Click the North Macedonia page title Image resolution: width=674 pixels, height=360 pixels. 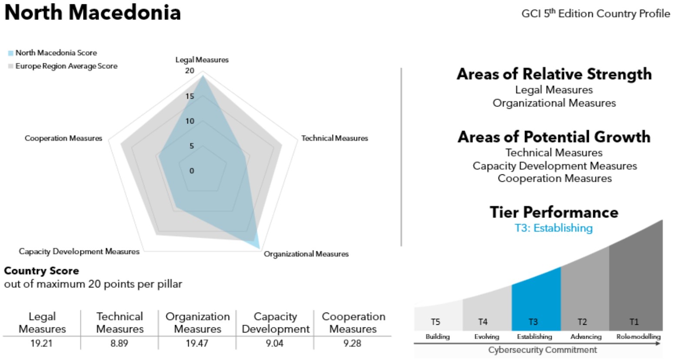click(92, 12)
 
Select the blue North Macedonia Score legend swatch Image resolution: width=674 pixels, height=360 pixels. click(10, 53)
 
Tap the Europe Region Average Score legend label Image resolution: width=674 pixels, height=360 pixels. click(66, 66)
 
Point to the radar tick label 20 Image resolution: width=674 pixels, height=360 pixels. click(189, 70)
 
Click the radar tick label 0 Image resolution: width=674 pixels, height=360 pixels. click(192, 171)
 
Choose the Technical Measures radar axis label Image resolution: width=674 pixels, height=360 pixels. click(335, 138)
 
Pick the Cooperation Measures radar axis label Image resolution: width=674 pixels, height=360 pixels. click(63, 138)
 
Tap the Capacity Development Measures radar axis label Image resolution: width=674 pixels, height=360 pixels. click(79, 251)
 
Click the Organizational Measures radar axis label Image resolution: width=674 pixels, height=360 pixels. click(306, 254)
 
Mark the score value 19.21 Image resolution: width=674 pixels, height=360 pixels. click(41, 343)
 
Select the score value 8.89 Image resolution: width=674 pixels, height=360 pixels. click(119, 343)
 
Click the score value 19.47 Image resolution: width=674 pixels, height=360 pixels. click(197, 343)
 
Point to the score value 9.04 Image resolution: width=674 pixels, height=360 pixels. click(275, 343)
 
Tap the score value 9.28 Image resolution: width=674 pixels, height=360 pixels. click(352, 343)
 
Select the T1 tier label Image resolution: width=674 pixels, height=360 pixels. click(634, 322)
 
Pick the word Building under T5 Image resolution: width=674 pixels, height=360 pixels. click(437, 337)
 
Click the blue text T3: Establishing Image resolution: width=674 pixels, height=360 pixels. click(554, 228)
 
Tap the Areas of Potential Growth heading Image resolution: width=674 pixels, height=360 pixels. click(554, 137)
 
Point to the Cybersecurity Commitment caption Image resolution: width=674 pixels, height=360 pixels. click(542, 350)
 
